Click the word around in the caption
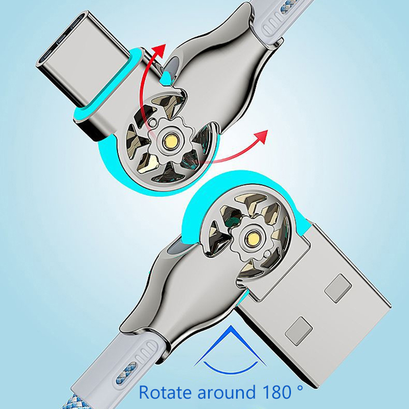point(226,392)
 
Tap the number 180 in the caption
point(276,392)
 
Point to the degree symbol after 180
point(300,388)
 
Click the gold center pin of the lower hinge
point(253,238)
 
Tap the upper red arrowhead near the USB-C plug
point(160,50)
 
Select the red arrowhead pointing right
point(261,137)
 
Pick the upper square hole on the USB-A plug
point(338,288)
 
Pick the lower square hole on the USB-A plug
point(299,331)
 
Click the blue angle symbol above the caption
point(231,350)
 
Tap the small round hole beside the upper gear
point(152,122)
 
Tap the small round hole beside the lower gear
point(268,253)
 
